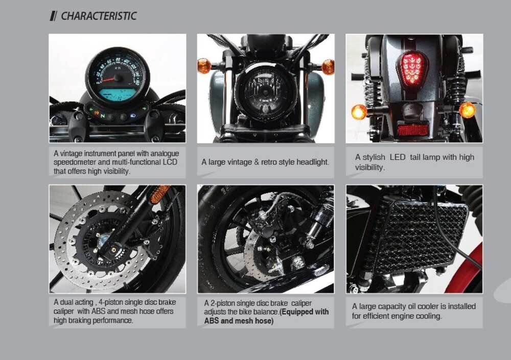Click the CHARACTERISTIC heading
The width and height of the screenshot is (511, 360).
(x=99, y=16)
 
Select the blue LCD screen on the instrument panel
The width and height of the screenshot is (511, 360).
(x=117, y=94)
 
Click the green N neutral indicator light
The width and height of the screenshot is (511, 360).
(x=103, y=116)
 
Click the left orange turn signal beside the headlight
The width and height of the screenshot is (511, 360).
(x=204, y=65)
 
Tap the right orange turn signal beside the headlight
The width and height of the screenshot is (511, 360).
(x=328, y=67)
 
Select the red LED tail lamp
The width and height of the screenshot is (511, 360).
(x=411, y=68)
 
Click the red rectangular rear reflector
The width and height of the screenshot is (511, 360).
(x=413, y=130)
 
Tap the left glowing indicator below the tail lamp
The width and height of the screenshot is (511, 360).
(x=359, y=112)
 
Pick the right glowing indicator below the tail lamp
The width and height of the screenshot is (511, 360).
(x=467, y=110)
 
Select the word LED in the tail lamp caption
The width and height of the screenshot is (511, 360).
(x=397, y=157)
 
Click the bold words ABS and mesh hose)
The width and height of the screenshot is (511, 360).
(x=239, y=321)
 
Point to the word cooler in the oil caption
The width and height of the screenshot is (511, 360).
(x=426, y=306)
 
